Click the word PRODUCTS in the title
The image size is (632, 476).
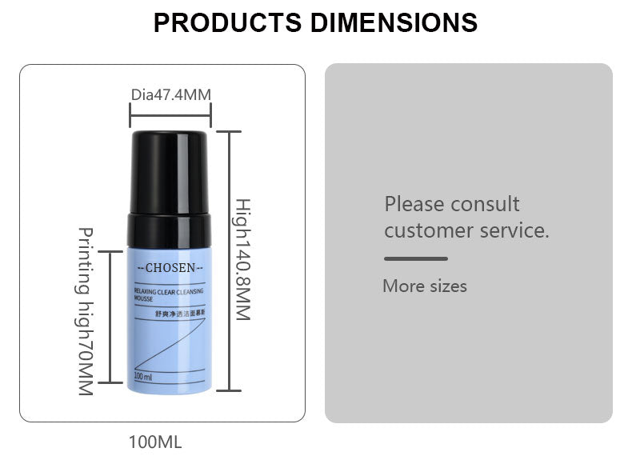227,22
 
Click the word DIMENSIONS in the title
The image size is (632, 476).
394,22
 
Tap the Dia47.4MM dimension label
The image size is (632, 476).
171,94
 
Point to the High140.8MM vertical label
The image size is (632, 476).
243,259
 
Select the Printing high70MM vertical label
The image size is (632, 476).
86,311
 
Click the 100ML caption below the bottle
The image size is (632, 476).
155,442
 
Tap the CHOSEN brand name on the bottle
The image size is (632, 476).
170,268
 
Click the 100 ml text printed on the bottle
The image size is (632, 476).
143,377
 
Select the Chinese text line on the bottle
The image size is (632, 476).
181,313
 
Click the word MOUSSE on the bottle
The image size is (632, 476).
143,299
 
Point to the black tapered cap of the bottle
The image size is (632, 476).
170,173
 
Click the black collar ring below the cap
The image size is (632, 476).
170,230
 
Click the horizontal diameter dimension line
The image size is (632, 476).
170,116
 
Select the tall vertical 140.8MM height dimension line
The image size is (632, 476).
229,261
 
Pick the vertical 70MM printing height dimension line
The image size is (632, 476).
110,317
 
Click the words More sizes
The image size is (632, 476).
425,286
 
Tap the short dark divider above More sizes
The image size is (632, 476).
416,258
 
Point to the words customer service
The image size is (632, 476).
466,231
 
